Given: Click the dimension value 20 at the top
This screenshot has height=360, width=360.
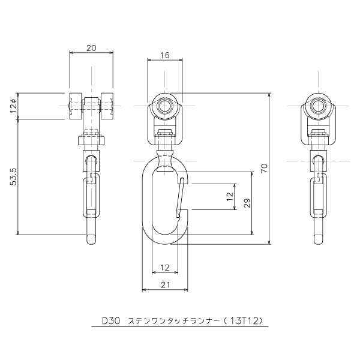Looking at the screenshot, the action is (x=91, y=48).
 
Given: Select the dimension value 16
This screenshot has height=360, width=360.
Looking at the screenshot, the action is (x=165, y=55).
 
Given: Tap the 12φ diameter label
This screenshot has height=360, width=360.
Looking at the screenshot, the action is (x=13, y=106).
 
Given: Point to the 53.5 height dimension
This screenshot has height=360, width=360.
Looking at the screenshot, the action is (x=13, y=176).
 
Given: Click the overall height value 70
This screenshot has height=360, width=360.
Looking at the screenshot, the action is (x=264, y=168).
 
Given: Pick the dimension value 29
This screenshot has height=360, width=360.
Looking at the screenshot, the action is (x=247, y=203).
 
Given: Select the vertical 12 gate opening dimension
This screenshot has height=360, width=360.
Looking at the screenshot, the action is (x=230, y=197).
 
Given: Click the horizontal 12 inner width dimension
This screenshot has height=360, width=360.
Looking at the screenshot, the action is (x=165, y=268).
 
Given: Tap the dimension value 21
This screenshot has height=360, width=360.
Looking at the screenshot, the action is (x=165, y=285).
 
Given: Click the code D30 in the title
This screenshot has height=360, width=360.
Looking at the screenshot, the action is (x=111, y=321).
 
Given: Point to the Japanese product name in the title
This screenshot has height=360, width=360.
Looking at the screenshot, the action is (x=173, y=321).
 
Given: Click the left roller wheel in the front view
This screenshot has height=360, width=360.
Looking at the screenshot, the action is (x=76, y=106).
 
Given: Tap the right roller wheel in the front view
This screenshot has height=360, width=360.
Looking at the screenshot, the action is (x=107, y=106).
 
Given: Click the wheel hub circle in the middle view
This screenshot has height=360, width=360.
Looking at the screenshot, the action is (x=164, y=106).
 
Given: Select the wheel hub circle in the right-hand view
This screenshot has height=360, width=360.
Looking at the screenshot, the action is (x=318, y=106).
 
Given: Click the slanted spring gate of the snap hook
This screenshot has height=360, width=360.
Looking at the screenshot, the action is (x=180, y=197).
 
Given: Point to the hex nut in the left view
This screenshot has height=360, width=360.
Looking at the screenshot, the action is (x=91, y=140).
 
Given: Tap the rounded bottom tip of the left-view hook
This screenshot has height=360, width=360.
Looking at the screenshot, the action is (x=91, y=239).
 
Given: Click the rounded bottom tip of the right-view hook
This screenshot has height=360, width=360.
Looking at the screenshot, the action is (x=318, y=239).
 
